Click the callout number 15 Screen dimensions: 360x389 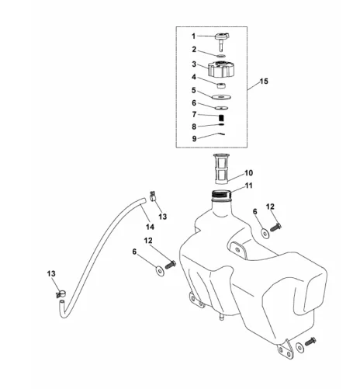coord(264,82)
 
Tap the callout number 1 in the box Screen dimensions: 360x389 coord(193,36)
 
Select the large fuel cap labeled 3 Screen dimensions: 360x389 coord(221,68)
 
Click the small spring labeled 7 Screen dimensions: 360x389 coord(221,117)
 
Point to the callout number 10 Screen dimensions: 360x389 coord(248,173)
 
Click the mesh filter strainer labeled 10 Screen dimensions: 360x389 coord(221,169)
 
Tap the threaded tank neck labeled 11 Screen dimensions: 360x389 coord(221,195)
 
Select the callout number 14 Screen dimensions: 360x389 coord(150,227)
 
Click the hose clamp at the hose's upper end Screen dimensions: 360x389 coord(153,196)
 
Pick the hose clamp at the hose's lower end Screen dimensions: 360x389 coord(61,293)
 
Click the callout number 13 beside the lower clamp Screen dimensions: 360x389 coord(51,273)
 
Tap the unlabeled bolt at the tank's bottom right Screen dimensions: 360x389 coord(310,342)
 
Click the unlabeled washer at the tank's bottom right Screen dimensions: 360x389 coord(299,347)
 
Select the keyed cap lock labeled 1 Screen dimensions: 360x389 coord(222,41)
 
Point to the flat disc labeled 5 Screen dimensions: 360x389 coord(221,97)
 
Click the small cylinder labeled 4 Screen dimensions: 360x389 coord(221,85)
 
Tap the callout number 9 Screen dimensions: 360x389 coord(194,138)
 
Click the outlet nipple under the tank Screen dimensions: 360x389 coord(221,316)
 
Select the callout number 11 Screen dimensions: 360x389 coord(248,186)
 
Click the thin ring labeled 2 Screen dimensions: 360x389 coord(221,56)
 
